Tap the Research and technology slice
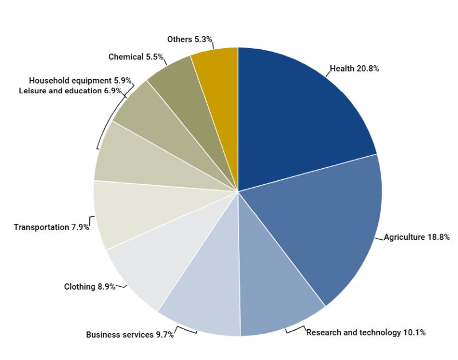(275, 292)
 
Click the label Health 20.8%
(354, 69)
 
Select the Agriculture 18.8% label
(417, 237)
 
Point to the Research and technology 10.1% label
(366, 333)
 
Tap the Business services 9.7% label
(130, 335)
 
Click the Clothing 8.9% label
(89, 287)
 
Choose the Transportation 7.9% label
(52, 227)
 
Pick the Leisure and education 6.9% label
(70, 91)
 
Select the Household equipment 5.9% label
(80, 81)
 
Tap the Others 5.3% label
(190, 39)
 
